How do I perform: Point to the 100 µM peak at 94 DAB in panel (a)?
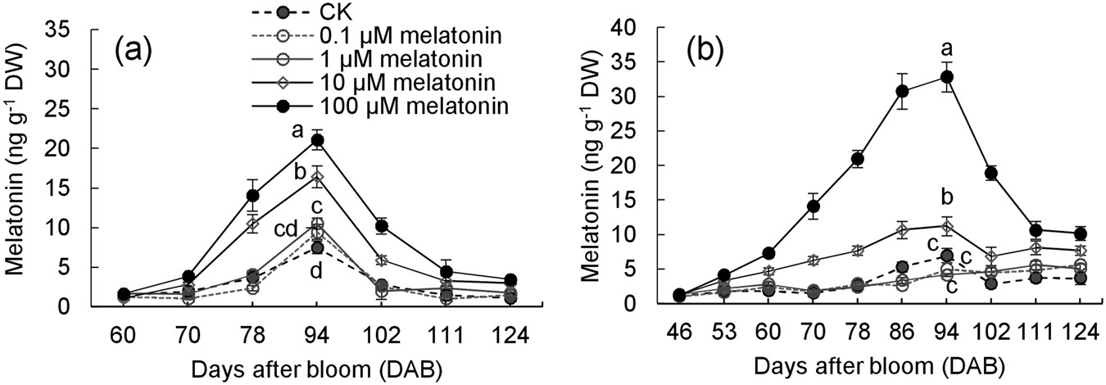pos(317,140)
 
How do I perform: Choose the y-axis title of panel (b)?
pos(592,164)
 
